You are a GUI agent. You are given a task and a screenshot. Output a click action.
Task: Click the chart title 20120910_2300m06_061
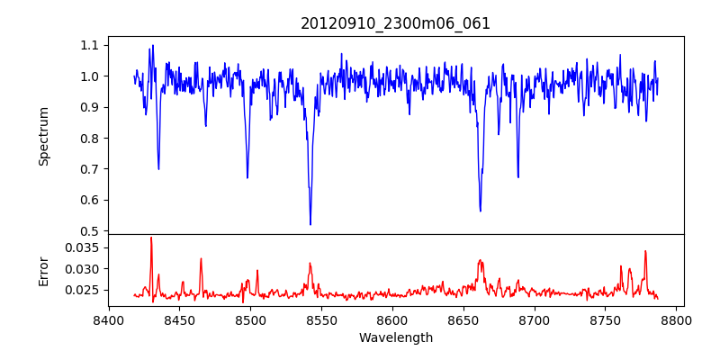pos(395,23)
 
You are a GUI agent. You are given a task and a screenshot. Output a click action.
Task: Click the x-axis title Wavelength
pos(395,337)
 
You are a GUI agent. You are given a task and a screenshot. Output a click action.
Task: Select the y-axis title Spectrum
pos(43,136)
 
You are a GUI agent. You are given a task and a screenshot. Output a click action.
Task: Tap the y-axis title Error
pos(43,269)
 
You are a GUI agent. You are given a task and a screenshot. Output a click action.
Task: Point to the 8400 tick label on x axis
pos(108,319)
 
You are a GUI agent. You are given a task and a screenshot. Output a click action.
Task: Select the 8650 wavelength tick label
pos(463,319)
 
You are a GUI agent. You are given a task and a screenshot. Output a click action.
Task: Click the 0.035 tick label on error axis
pos(84,247)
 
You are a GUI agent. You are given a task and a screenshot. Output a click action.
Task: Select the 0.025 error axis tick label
pos(84,290)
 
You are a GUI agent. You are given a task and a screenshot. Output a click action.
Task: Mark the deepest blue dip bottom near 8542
pos(310,224)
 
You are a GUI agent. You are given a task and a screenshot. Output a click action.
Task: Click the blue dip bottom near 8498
pos(247,177)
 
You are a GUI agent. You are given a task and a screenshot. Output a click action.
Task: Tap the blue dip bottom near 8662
pos(481,211)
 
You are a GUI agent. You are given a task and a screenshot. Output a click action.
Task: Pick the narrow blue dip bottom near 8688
pos(517,176)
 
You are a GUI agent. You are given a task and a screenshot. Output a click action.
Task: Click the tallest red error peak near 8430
pos(151,238)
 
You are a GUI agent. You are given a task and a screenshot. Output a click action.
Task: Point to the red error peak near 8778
pos(645,251)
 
